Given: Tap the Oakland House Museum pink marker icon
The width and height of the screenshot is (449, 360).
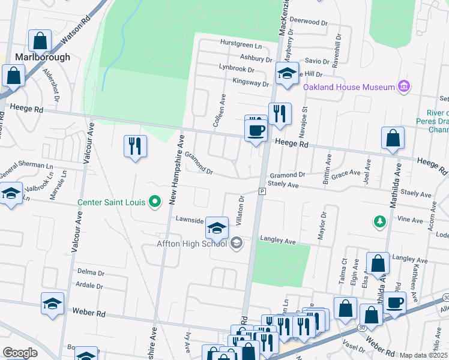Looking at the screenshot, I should (x=404, y=87).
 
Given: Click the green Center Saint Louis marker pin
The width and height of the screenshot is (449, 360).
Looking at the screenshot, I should (x=155, y=202).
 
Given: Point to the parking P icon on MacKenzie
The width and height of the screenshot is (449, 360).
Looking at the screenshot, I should (x=262, y=191).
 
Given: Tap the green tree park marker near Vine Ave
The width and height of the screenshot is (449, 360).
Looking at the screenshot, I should (x=379, y=222).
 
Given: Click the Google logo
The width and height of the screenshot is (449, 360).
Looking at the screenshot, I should (x=20, y=353).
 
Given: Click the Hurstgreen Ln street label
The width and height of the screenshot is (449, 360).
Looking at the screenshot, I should (x=241, y=46).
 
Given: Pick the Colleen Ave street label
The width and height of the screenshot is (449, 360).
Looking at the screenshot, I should (x=218, y=111).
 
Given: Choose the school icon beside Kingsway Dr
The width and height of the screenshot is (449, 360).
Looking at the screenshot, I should (x=287, y=74).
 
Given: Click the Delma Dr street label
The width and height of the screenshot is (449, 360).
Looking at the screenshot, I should (x=91, y=271).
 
